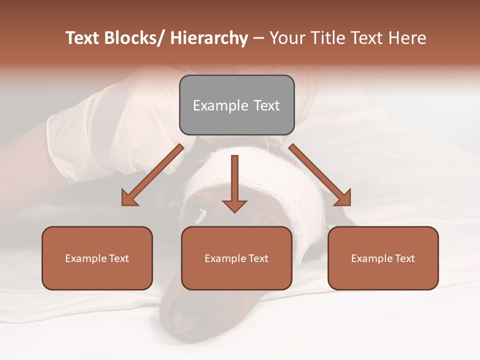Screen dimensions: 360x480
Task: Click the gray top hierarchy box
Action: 236,105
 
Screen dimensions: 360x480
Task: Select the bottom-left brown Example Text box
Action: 97,258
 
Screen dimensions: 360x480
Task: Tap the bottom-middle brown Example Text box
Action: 236,258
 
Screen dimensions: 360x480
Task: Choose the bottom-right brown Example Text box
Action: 383,258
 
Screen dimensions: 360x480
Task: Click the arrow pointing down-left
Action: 152,175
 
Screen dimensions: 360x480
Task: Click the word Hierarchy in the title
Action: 209,38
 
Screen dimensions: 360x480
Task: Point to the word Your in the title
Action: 287,38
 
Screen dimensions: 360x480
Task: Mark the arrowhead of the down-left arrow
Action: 130,198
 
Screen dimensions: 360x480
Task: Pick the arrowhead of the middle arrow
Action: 234,205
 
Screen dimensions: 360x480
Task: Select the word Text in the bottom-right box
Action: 403,258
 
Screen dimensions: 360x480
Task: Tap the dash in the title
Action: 258,38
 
